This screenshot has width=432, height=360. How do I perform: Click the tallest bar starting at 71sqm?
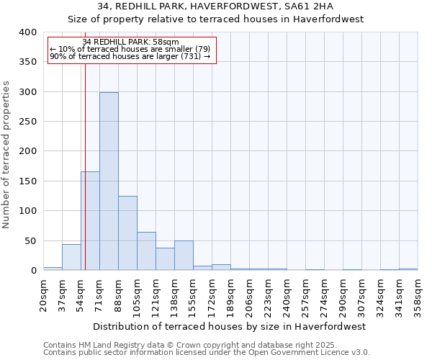click(109, 181)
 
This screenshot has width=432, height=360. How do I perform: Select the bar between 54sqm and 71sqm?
click(90, 221)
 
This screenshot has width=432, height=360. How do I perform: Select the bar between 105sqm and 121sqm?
click(146, 251)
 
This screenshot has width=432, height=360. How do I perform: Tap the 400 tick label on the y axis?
click(28, 32)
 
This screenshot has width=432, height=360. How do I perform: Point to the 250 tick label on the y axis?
click(28, 122)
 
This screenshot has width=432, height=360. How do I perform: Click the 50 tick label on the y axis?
click(31, 240)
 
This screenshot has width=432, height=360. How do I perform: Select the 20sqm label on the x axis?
click(44, 293)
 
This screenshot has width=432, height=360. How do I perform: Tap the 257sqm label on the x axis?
click(306, 293)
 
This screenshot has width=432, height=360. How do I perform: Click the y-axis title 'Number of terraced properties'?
click(7, 155)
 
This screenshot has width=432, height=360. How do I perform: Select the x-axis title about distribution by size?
click(230, 326)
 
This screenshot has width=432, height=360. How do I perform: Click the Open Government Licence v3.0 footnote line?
click(207, 352)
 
